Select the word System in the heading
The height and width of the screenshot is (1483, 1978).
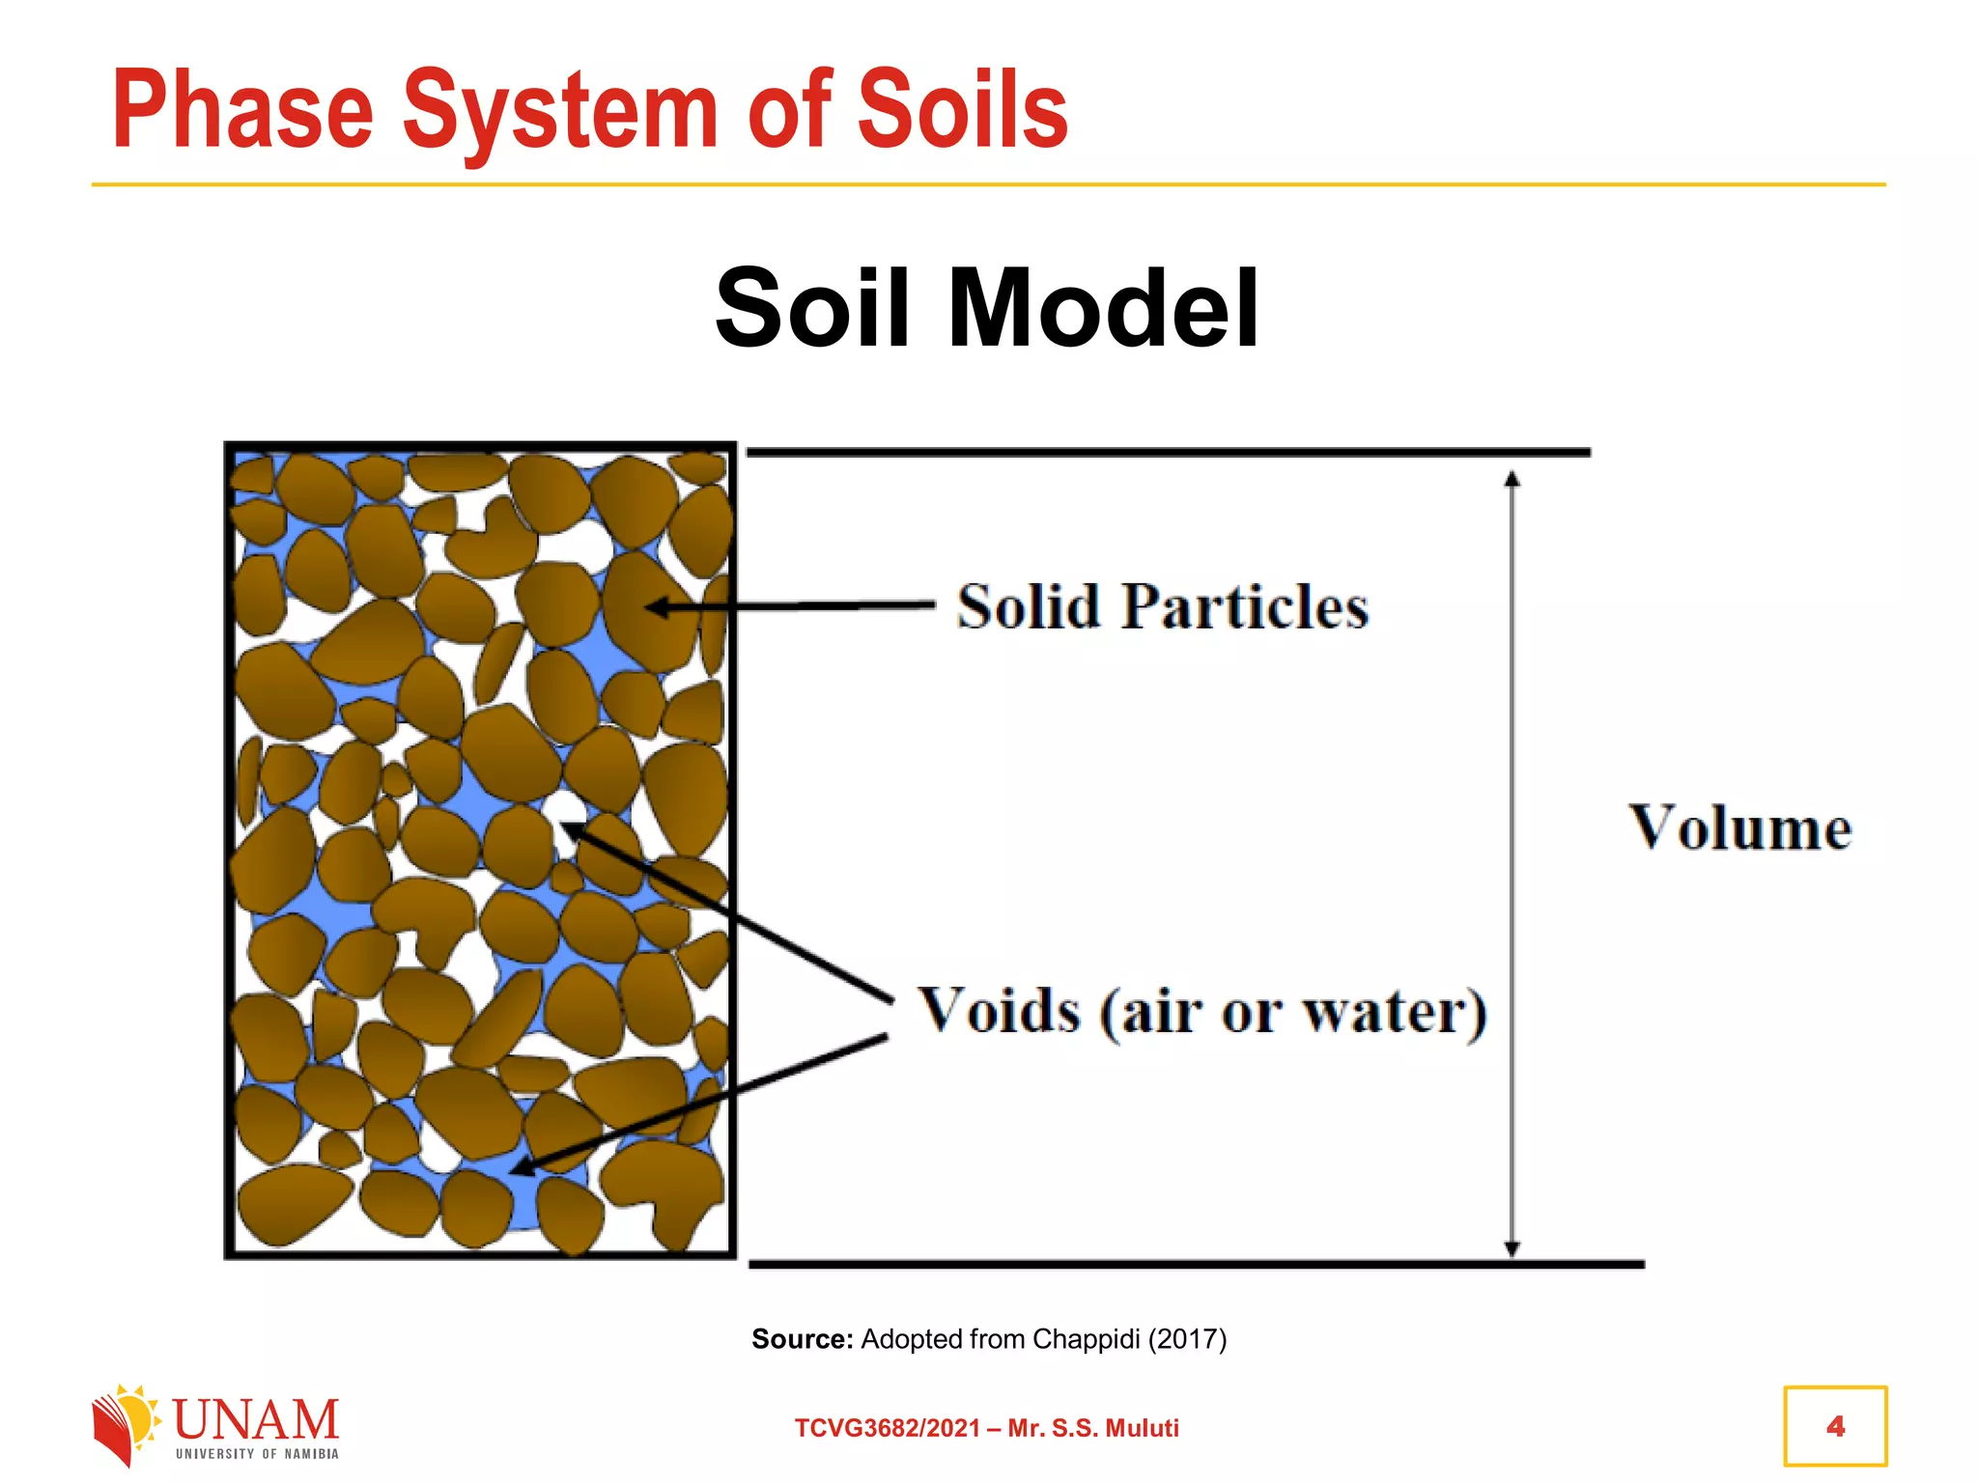[x=560, y=112]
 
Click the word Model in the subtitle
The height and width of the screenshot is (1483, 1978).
[x=1104, y=308]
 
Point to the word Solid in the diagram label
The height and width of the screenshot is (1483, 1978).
[x=1029, y=607]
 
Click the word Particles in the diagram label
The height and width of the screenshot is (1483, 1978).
[x=1245, y=607]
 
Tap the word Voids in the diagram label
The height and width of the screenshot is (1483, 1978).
[x=999, y=1011]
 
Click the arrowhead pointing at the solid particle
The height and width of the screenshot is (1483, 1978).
[x=657, y=607]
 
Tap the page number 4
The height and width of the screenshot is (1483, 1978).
[x=1835, y=1426]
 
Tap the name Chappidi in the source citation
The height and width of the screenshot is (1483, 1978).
[x=1086, y=1339]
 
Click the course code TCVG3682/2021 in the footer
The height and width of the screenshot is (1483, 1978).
[x=888, y=1428]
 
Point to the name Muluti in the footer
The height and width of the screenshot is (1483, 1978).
[x=1143, y=1428]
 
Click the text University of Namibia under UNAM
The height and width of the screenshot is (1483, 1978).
[x=257, y=1454]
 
